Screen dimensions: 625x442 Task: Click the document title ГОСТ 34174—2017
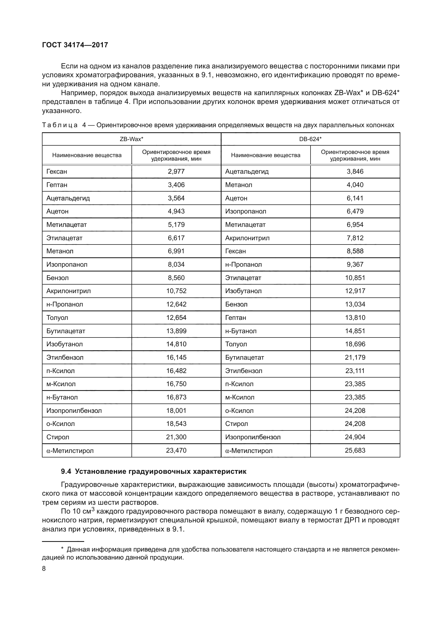coord(75,45)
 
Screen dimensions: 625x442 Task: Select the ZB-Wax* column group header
coord(131,139)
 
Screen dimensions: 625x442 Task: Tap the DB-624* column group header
coord(310,139)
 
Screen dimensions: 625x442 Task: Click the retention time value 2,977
coord(176,172)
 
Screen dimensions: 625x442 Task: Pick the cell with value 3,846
coord(355,172)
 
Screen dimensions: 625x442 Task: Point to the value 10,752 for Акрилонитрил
coord(176,291)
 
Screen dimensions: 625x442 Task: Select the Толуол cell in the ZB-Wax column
coord(57,318)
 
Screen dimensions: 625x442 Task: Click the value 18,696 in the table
coord(355,344)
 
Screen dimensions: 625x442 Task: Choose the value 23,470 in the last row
coord(176,451)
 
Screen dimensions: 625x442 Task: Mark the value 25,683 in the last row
coord(355,451)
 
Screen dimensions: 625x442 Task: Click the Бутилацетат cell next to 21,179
coord(245,358)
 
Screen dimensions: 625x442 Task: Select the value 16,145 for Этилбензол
coord(176,358)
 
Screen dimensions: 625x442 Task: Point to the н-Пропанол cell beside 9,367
coord(243,265)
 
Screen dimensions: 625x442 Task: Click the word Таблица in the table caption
coord(60,125)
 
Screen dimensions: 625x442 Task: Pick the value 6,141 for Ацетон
coord(355,198)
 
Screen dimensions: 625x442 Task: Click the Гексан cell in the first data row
coord(57,172)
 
